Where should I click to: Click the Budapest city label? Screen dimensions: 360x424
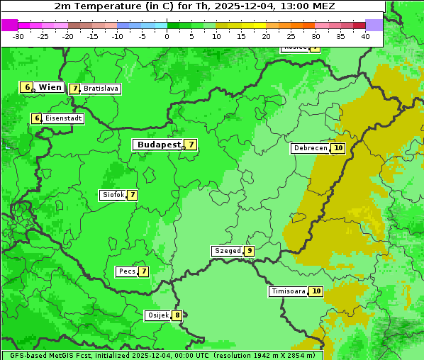159,145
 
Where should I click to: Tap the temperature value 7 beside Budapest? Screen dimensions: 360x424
191,145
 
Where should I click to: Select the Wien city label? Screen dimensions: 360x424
50,87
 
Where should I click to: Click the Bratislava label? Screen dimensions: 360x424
100,89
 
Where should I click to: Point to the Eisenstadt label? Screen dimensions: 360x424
64,118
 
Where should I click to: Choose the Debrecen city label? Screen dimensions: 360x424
310,148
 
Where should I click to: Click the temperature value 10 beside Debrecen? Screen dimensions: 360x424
338,148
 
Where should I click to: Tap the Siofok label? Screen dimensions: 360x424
113,195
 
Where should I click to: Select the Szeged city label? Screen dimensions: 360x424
227,251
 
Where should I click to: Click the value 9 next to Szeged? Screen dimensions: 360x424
249,251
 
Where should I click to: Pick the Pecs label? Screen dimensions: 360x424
127,271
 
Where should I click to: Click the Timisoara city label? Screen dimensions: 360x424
289,291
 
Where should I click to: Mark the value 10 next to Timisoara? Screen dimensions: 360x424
316,291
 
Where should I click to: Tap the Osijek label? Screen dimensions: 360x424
157,315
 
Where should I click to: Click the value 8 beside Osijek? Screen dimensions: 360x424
177,315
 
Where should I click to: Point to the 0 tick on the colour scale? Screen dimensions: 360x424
167,36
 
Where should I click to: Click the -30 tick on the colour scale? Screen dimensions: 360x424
18,36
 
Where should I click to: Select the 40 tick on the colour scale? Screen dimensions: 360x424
365,36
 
